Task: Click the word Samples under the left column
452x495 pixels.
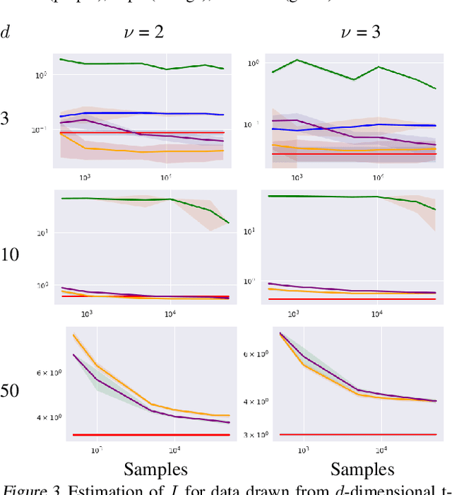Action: click(156, 469)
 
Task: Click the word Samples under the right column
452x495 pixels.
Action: click(362, 469)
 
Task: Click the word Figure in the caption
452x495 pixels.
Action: click(21, 489)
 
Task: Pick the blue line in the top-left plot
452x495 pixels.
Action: click(141, 113)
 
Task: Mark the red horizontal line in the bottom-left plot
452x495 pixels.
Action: click(141, 435)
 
